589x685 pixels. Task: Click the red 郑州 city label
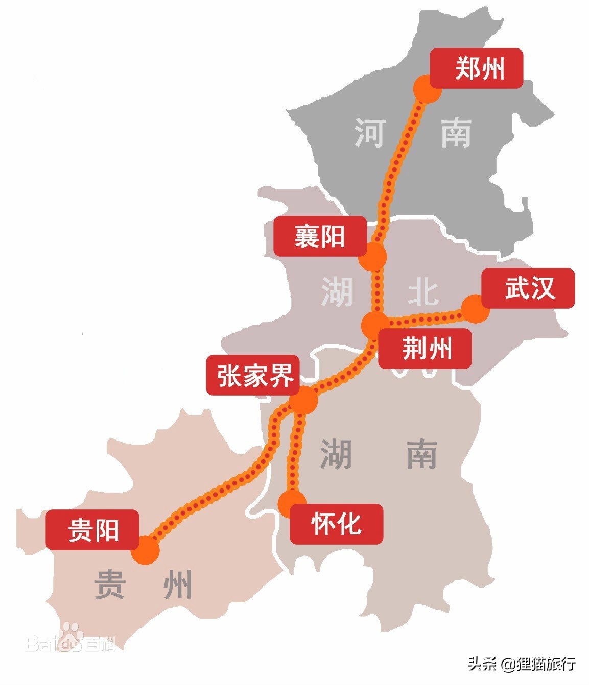(476, 68)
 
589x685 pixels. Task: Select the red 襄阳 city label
(320, 236)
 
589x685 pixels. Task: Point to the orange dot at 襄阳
(373, 256)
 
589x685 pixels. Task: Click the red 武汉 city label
(528, 288)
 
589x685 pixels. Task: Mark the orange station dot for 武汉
(475, 309)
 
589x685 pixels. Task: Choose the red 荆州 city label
(424, 349)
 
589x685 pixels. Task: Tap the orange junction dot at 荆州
(375, 325)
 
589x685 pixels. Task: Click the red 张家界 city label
(253, 375)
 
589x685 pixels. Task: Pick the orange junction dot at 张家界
(303, 400)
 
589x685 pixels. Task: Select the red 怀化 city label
(336, 524)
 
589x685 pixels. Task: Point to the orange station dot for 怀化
(292, 503)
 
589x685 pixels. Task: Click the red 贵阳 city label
(92, 529)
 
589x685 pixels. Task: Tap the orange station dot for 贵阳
(146, 551)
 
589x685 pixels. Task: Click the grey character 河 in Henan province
(369, 133)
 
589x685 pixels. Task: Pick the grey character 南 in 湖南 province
(422, 454)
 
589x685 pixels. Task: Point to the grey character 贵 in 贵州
(110, 584)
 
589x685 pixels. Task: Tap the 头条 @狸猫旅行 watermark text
(523, 664)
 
